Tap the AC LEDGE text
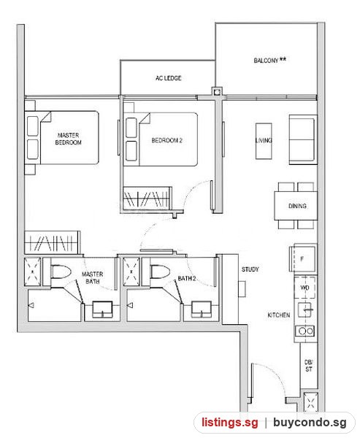click(x=168, y=78)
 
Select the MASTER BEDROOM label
click(x=68, y=139)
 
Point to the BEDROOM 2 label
click(x=167, y=140)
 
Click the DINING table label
click(x=297, y=206)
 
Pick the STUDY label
click(x=250, y=269)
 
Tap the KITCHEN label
click(x=279, y=315)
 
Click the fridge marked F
click(x=303, y=258)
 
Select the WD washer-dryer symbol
click(x=305, y=288)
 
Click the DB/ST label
click(x=309, y=366)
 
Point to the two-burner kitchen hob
click(x=305, y=331)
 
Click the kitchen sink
click(x=305, y=310)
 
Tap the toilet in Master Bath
click(x=61, y=272)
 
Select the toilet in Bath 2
click(x=160, y=272)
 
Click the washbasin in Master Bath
click(x=102, y=310)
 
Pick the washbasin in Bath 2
click(x=202, y=310)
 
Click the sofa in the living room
click(x=303, y=139)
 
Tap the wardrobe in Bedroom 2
click(x=148, y=199)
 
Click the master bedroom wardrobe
click(x=53, y=242)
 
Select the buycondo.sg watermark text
click(x=310, y=423)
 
